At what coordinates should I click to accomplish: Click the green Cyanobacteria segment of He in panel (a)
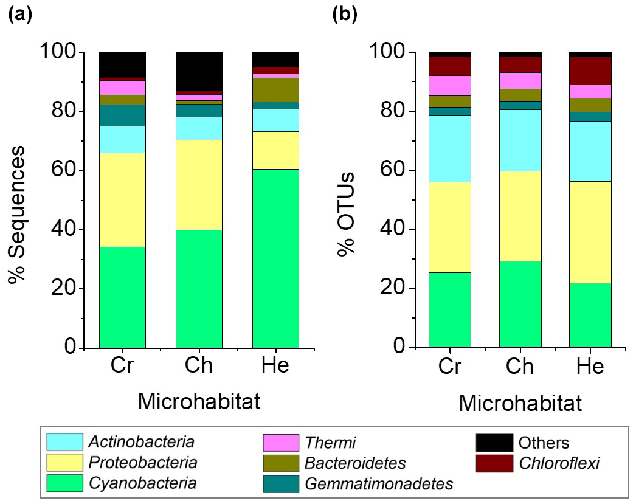point(275,258)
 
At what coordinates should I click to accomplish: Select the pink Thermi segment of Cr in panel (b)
point(449,85)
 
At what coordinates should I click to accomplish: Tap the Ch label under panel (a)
point(199,367)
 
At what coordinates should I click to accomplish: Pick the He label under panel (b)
point(589,367)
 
